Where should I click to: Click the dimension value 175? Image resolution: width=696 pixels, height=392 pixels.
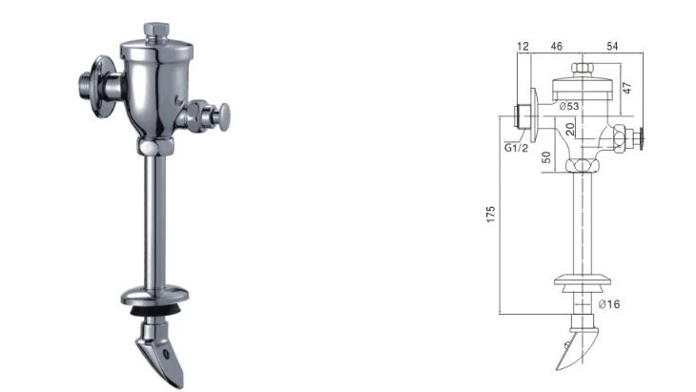coord(490,214)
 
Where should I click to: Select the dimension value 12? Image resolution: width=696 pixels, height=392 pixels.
coord(523,46)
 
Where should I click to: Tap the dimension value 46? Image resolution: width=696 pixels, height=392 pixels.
coord(556,46)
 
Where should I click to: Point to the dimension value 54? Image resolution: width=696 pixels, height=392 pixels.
coord(612,46)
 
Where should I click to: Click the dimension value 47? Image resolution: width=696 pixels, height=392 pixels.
coord(626,88)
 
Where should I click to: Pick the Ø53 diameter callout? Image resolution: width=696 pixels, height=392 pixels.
coord(569,106)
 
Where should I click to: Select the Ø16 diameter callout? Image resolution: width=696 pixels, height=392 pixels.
coord(609,304)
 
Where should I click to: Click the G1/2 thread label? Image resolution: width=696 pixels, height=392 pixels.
coord(516,148)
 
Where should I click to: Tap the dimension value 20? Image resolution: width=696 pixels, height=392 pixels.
coord(570,129)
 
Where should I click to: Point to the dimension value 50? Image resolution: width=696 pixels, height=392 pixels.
coord(546,157)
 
